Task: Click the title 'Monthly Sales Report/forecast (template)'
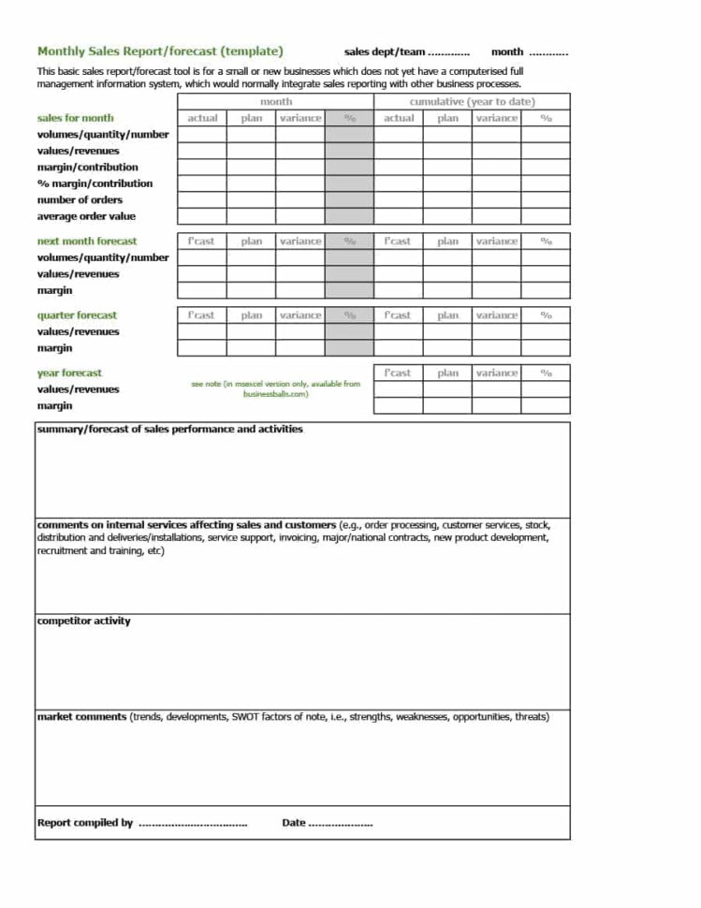(160, 51)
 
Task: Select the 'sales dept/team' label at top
(385, 52)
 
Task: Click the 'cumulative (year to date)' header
(472, 101)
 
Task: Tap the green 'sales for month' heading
(75, 118)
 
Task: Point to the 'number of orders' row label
(80, 199)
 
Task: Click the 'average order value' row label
(86, 216)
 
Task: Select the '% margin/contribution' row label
(95, 183)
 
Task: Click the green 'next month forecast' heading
(86, 241)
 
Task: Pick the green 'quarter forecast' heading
(77, 315)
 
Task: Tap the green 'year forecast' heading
(69, 373)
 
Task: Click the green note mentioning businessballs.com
(275, 388)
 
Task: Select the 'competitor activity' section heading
(83, 622)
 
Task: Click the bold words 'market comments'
(81, 717)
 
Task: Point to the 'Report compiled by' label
(84, 823)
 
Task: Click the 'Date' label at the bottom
(294, 823)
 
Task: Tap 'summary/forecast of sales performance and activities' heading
(169, 430)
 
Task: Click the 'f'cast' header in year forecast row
(398, 373)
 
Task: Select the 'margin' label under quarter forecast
(54, 348)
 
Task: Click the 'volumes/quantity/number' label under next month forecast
(103, 257)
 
